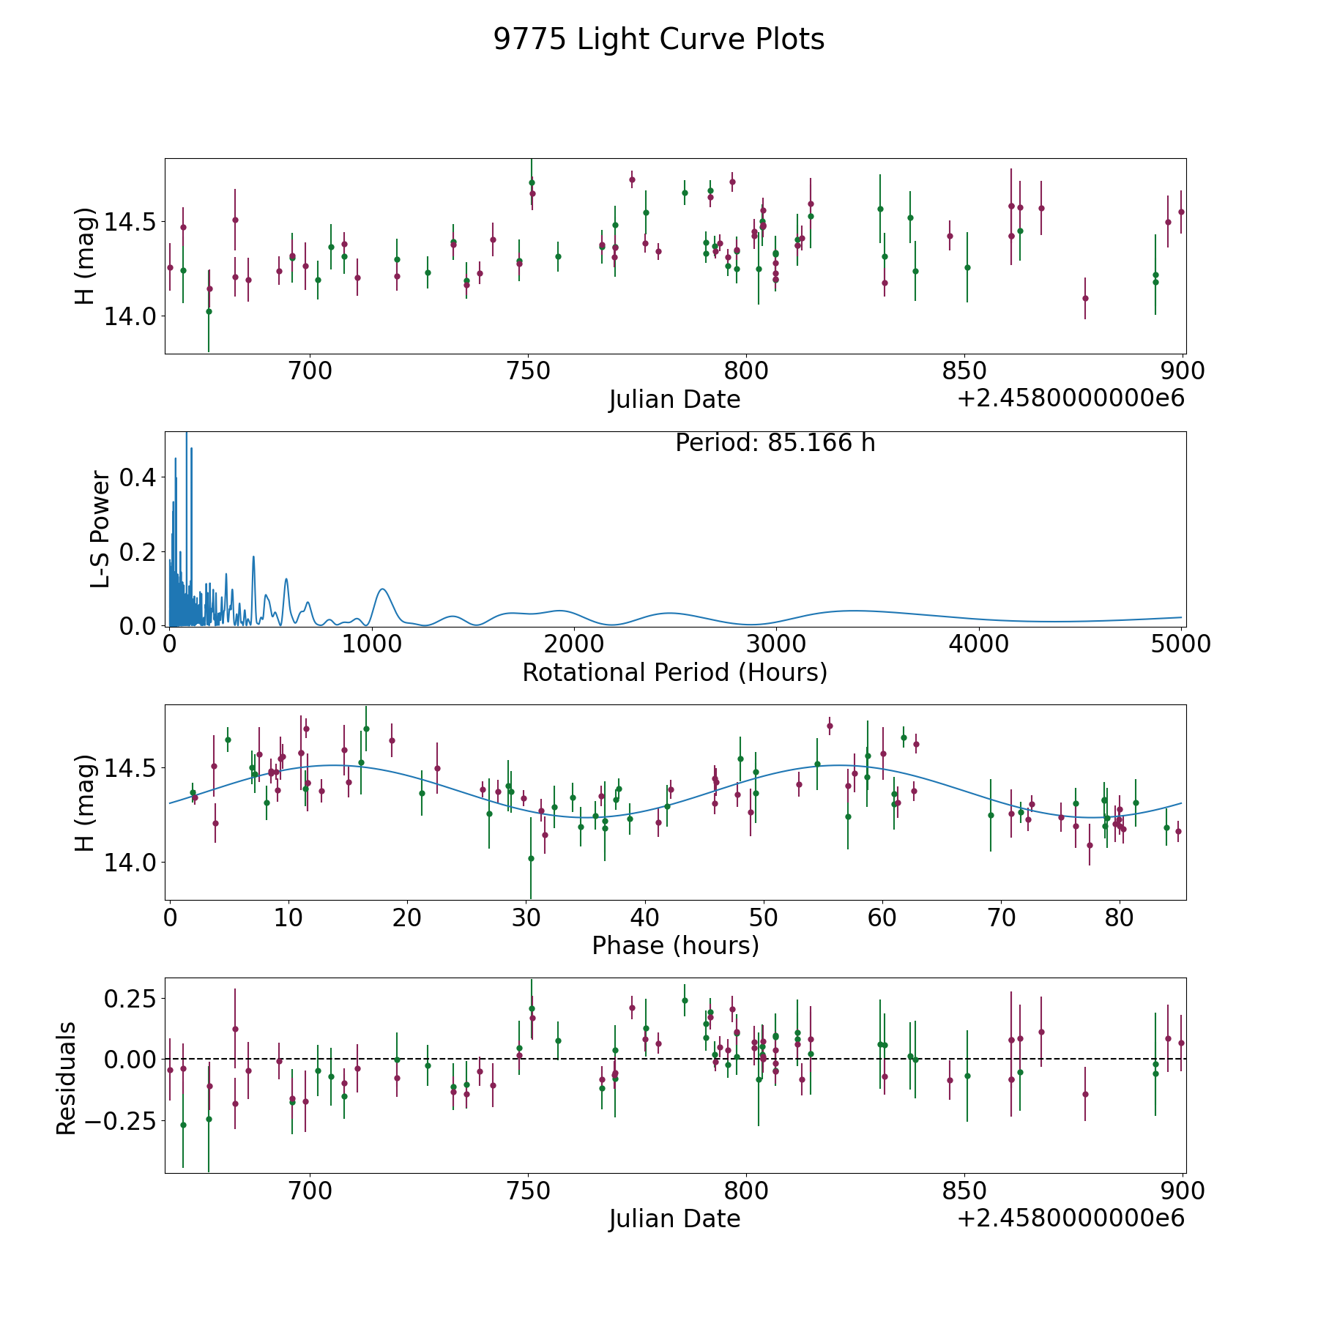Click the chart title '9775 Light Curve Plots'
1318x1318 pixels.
click(x=658, y=40)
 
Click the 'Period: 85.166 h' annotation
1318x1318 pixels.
click(x=775, y=443)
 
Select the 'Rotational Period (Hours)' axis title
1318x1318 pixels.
click(x=674, y=672)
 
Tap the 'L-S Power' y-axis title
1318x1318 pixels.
click(x=100, y=529)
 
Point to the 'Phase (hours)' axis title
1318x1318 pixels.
click(x=675, y=946)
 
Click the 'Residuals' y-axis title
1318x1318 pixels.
click(x=66, y=1079)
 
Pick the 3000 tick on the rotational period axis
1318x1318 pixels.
click(x=775, y=644)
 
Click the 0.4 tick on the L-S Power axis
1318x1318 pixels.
click(x=137, y=477)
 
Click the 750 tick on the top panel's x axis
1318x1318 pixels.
click(x=528, y=371)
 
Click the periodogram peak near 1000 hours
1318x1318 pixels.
click(x=382, y=589)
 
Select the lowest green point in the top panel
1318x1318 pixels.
click(x=209, y=311)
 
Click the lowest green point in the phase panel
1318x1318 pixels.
click(x=531, y=858)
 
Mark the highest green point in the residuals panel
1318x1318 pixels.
click(x=685, y=1000)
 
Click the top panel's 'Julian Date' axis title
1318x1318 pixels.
click(x=674, y=400)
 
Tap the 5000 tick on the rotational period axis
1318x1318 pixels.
click(x=1181, y=644)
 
